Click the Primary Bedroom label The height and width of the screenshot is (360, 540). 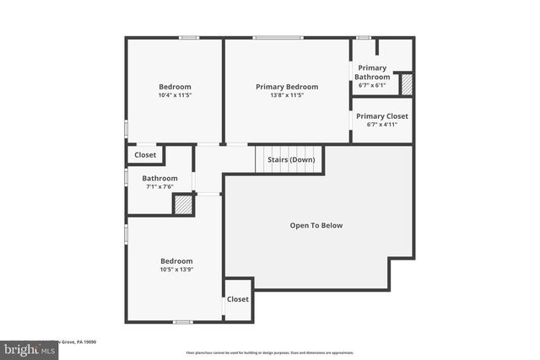pyautogui.click(x=287, y=86)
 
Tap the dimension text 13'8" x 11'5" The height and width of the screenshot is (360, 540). pyautogui.click(x=287, y=95)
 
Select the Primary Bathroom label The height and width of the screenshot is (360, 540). pyautogui.click(x=372, y=73)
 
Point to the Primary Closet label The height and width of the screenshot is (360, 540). pyautogui.click(x=381, y=116)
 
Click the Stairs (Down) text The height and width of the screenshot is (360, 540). pyautogui.click(x=290, y=159)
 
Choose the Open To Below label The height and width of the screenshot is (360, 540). pyautogui.click(x=316, y=225)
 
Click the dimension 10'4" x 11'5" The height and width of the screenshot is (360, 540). pyautogui.click(x=175, y=95)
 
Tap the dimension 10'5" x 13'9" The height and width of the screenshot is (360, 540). pyautogui.click(x=175, y=271)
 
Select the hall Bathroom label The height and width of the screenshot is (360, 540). pyautogui.click(x=159, y=178)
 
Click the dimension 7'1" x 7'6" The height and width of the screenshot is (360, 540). pyautogui.click(x=159, y=187)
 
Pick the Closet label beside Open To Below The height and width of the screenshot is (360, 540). pyautogui.click(x=238, y=299)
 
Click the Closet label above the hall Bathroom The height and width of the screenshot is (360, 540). pyautogui.click(x=145, y=155)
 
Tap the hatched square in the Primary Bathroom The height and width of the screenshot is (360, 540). pyautogui.click(x=406, y=84)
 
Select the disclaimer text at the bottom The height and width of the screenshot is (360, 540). pyautogui.click(x=270, y=352)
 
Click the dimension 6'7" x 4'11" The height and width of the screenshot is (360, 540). pyautogui.click(x=381, y=125)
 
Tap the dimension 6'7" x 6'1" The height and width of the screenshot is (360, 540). pyautogui.click(x=372, y=85)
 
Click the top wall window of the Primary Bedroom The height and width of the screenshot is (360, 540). pyautogui.click(x=278, y=37)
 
